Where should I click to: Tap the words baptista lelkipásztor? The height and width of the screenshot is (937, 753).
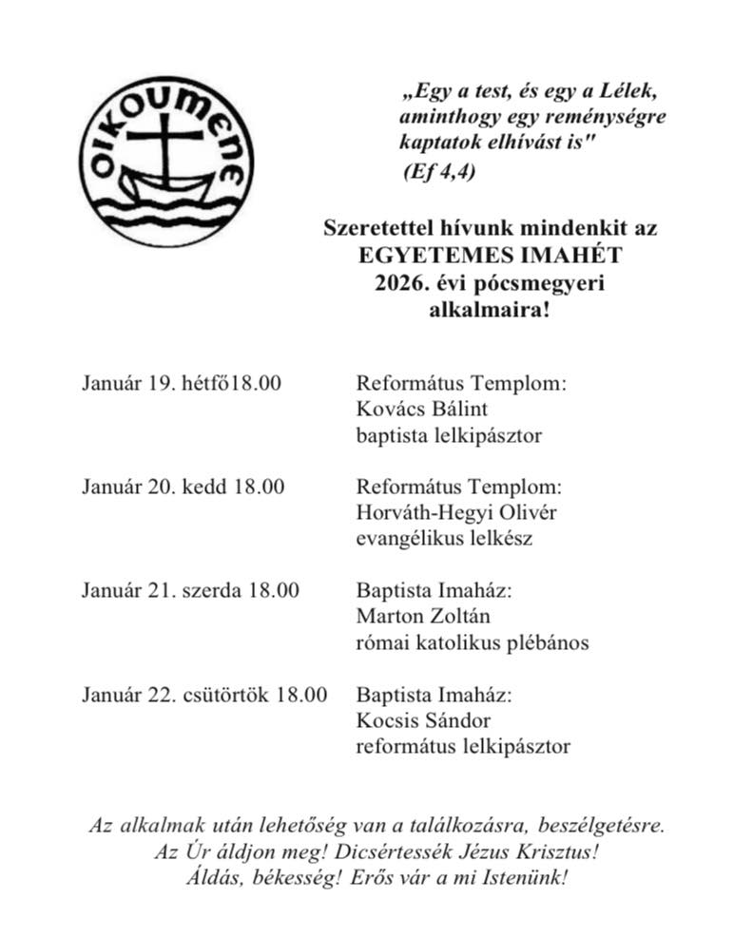[449, 436]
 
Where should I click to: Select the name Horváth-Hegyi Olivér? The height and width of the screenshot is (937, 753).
[454, 513]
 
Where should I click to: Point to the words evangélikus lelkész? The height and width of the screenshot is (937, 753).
[444, 539]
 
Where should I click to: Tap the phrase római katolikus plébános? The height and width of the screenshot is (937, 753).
[472, 642]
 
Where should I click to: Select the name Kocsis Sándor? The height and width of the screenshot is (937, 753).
[423, 719]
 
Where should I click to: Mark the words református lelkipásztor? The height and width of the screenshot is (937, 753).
[463, 746]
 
